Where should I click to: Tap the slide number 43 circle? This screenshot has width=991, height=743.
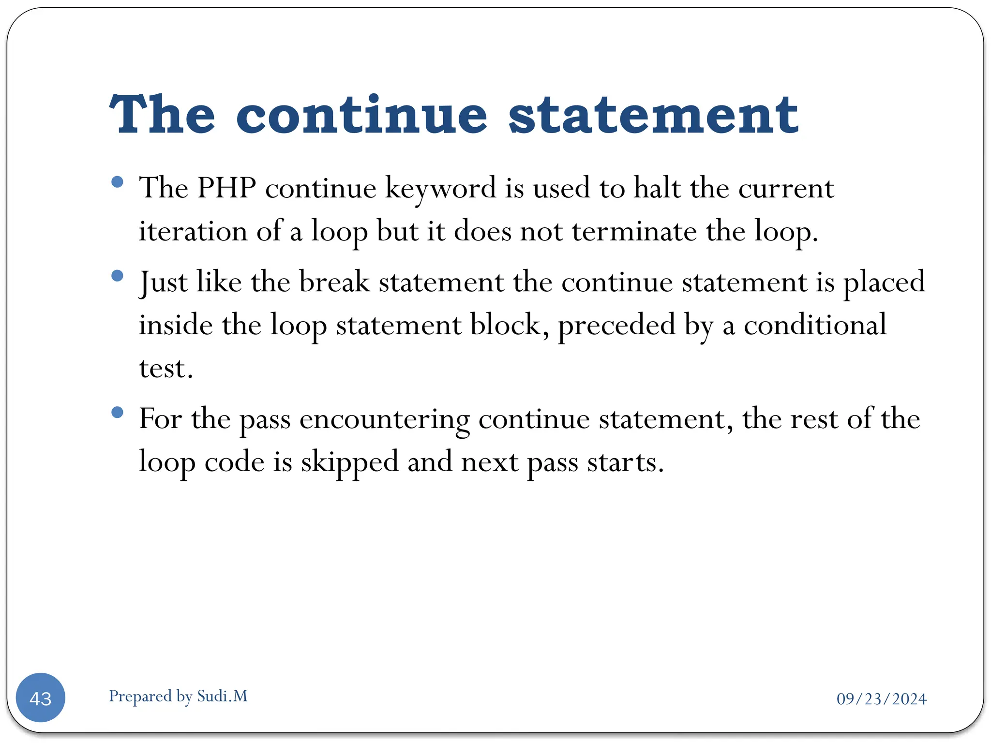tap(41, 698)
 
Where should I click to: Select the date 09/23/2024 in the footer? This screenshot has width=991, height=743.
tap(881, 699)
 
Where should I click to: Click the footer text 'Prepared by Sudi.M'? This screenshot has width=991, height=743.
tap(178, 696)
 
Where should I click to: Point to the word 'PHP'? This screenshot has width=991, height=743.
tap(226, 188)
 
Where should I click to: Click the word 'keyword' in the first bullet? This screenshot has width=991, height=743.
tap(440, 189)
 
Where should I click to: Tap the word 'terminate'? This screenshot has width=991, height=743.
tap(634, 231)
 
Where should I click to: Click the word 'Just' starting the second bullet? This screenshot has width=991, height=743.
tap(163, 282)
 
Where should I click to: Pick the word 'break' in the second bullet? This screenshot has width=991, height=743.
tap(334, 282)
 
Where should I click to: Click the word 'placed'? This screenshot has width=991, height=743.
tap(884, 282)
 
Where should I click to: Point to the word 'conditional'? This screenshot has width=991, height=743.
tap(815, 325)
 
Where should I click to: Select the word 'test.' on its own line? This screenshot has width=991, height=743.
tap(166, 369)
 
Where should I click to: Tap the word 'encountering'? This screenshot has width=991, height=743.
tap(385, 419)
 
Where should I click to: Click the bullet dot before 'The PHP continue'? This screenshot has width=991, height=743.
tap(117, 182)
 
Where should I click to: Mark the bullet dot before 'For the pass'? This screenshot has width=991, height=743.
tap(117, 413)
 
